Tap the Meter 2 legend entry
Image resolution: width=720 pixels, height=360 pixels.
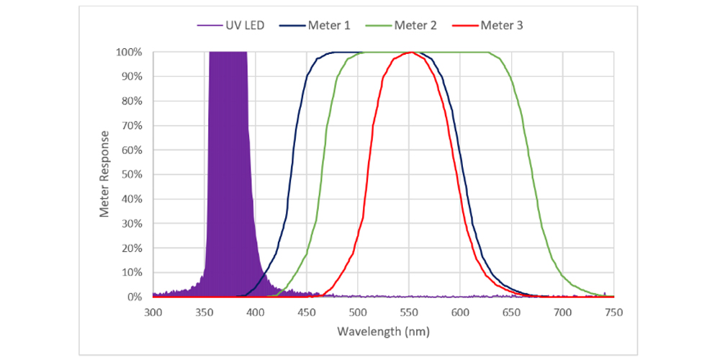pyautogui.click(x=415, y=26)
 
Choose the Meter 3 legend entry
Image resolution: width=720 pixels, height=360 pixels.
pyautogui.click(x=502, y=26)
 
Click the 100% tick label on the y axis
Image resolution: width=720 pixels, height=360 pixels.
pyautogui.click(x=130, y=53)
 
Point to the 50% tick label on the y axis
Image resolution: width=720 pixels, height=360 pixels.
pyautogui.click(x=132, y=175)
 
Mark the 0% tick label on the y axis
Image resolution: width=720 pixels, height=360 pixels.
pyautogui.click(x=135, y=297)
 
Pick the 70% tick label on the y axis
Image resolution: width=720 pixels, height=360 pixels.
pyautogui.click(x=132, y=126)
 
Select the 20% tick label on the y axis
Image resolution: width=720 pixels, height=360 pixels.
pyautogui.click(x=132, y=248)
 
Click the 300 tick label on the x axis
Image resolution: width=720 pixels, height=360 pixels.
pyautogui.click(x=153, y=312)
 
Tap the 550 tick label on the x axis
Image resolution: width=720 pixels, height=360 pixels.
pyautogui.click(x=409, y=312)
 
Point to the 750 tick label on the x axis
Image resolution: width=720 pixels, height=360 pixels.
pyautogui.click(x=613, y=312)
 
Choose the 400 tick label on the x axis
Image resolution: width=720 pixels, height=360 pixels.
pyautogui.click(x=256, y=312)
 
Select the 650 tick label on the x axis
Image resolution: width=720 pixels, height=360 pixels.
pyautogui.click(x=511, y=312)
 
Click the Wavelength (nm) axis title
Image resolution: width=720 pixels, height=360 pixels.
pyautogui.click(x=383, y=333)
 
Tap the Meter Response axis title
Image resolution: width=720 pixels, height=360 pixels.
pyautogui.click(x=106, y=174)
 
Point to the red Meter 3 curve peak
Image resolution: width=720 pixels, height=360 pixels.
pyautogui.click(x=410, y=53)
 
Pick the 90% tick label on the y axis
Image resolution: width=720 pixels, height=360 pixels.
pyautogui.click(x=132, y=77)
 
